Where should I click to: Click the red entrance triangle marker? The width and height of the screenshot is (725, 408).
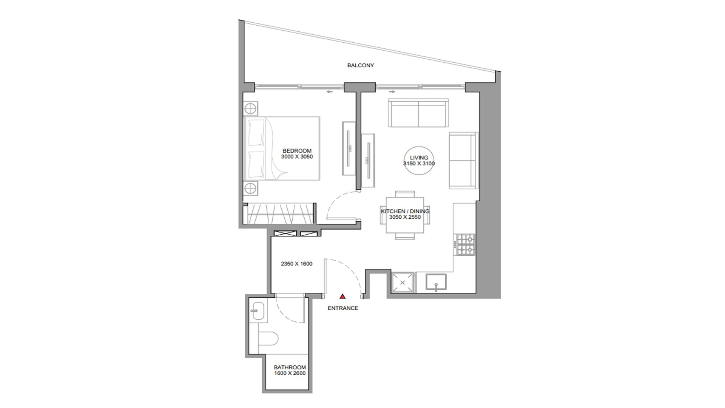(x=342, y=297)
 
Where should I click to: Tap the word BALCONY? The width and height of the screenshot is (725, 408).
(x=361, y=65)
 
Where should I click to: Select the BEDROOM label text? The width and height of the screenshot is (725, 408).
(x=297, y=151)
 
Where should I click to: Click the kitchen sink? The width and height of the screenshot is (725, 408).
(x=436, y=282)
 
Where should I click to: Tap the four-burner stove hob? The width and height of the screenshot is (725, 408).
(x=466, y=244)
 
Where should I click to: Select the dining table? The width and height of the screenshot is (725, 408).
(x=405, y=215)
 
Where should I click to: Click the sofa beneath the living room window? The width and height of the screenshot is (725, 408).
(x=418, y=113)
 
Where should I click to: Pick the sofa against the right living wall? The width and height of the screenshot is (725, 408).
(x=463, y=160)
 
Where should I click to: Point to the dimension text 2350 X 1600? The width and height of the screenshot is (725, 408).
(x=296, y=264)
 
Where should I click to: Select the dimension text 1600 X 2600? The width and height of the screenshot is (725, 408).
(x=290, y=373)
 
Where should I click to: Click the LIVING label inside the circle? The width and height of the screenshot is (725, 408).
(x=419, y=158)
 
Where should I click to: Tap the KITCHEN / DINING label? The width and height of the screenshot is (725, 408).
(x=405, y=211)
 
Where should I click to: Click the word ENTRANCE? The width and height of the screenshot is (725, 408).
(x=343, y=308)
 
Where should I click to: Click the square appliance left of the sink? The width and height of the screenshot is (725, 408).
(x=403, y=283)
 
